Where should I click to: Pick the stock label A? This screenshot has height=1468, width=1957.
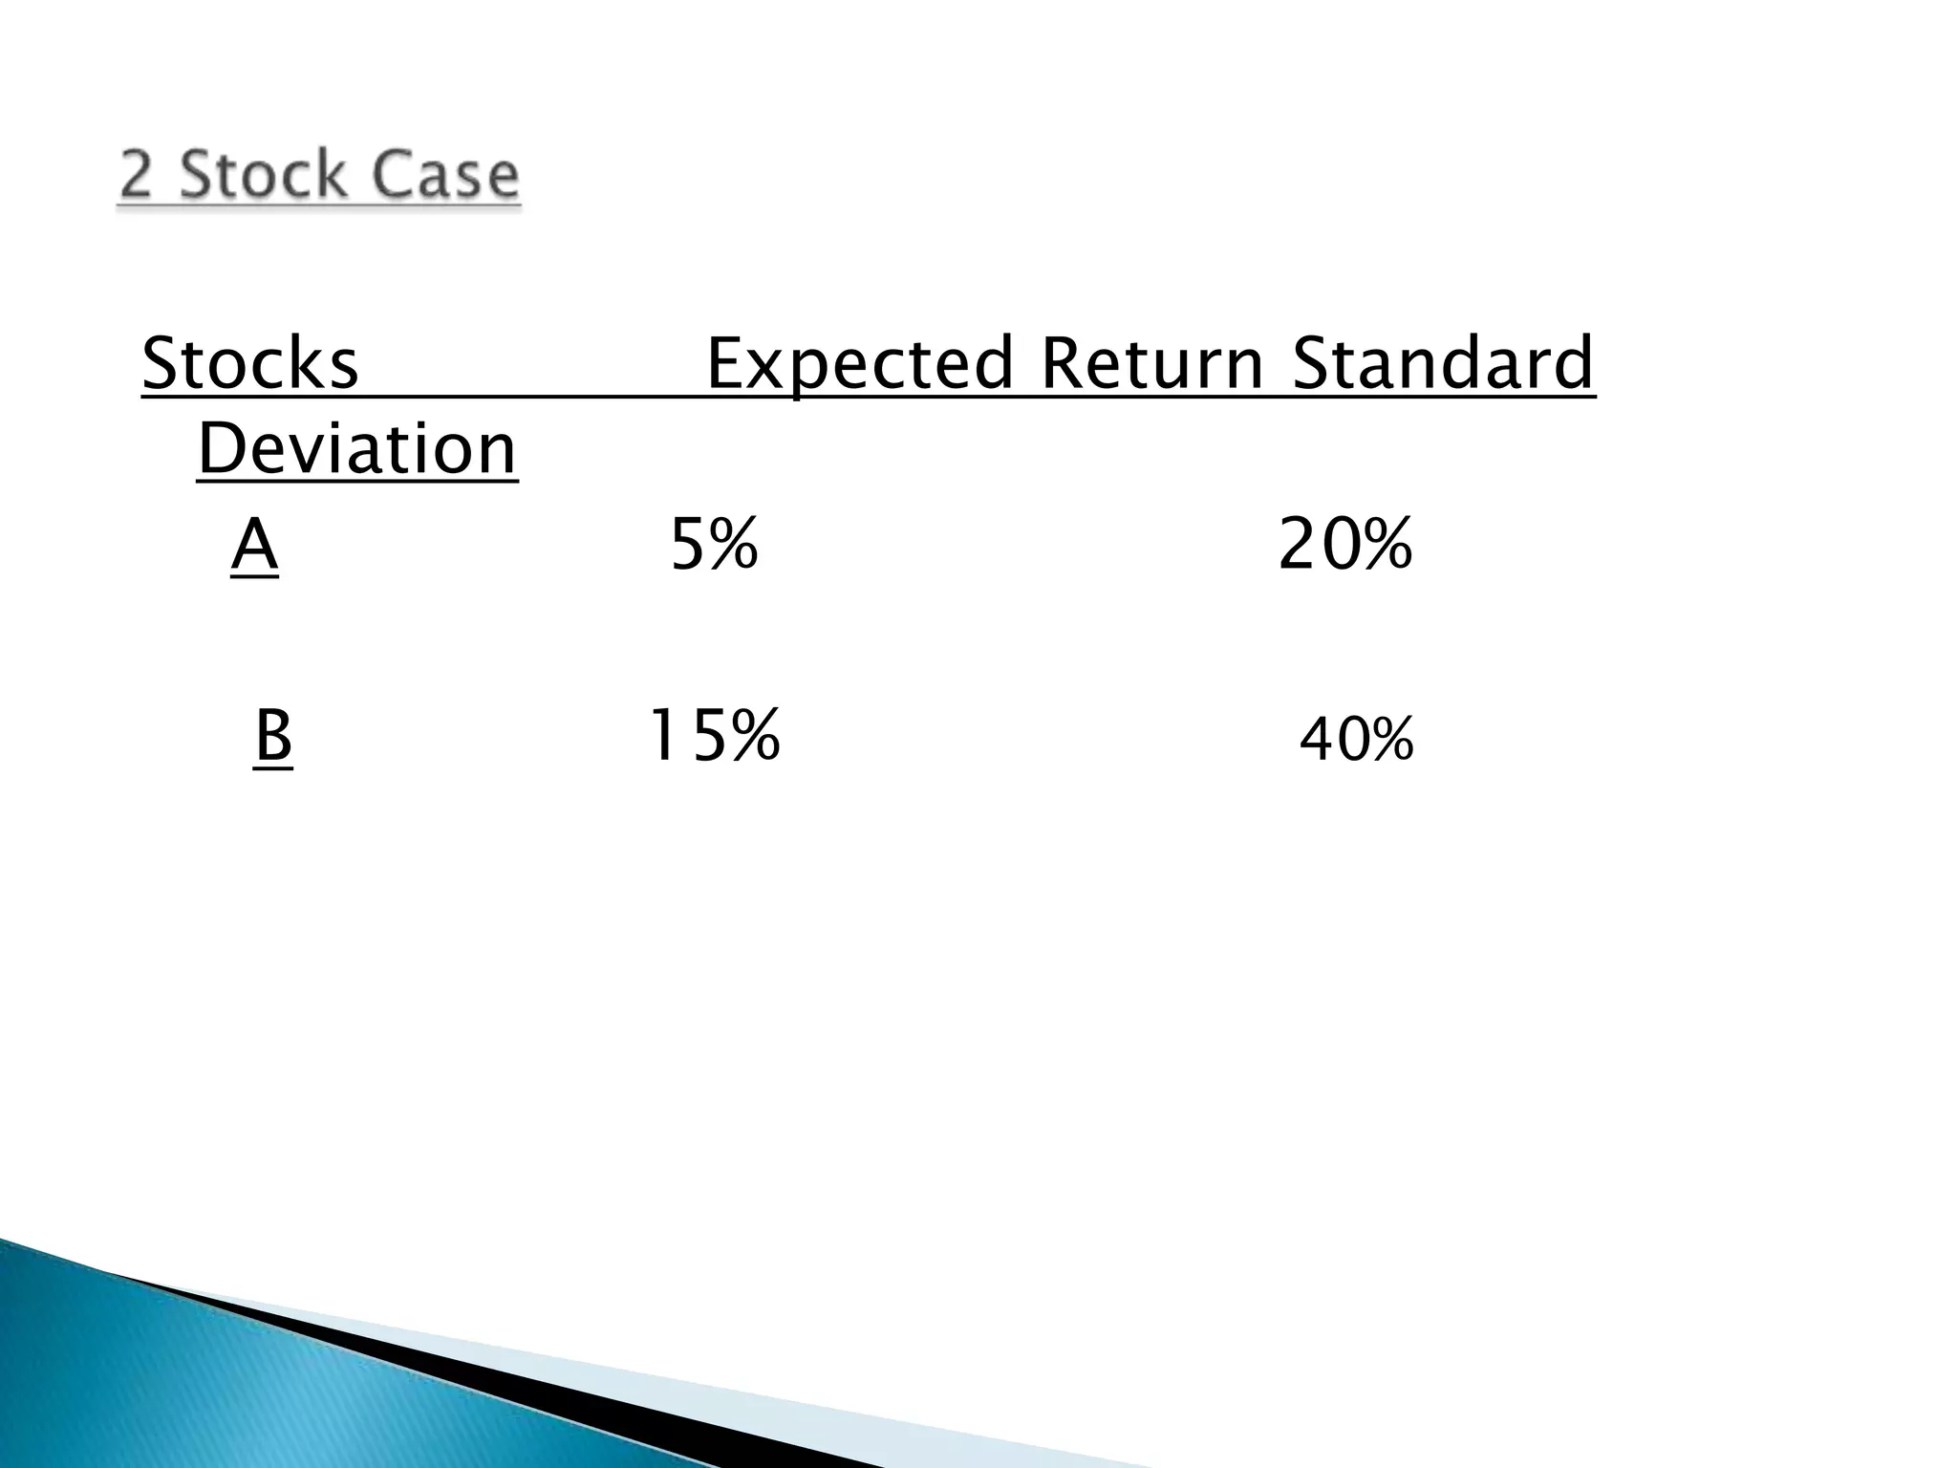tap(254, 545)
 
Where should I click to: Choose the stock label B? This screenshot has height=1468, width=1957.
tap(273, 736)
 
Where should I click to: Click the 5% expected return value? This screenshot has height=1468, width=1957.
tap(714, 545)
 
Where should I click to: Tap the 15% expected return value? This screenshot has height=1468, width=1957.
tap(714, 736)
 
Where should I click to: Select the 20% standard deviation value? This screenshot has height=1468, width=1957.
tap(1344, 545)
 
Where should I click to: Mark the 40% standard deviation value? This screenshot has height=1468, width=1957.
tap(1356, 741)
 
